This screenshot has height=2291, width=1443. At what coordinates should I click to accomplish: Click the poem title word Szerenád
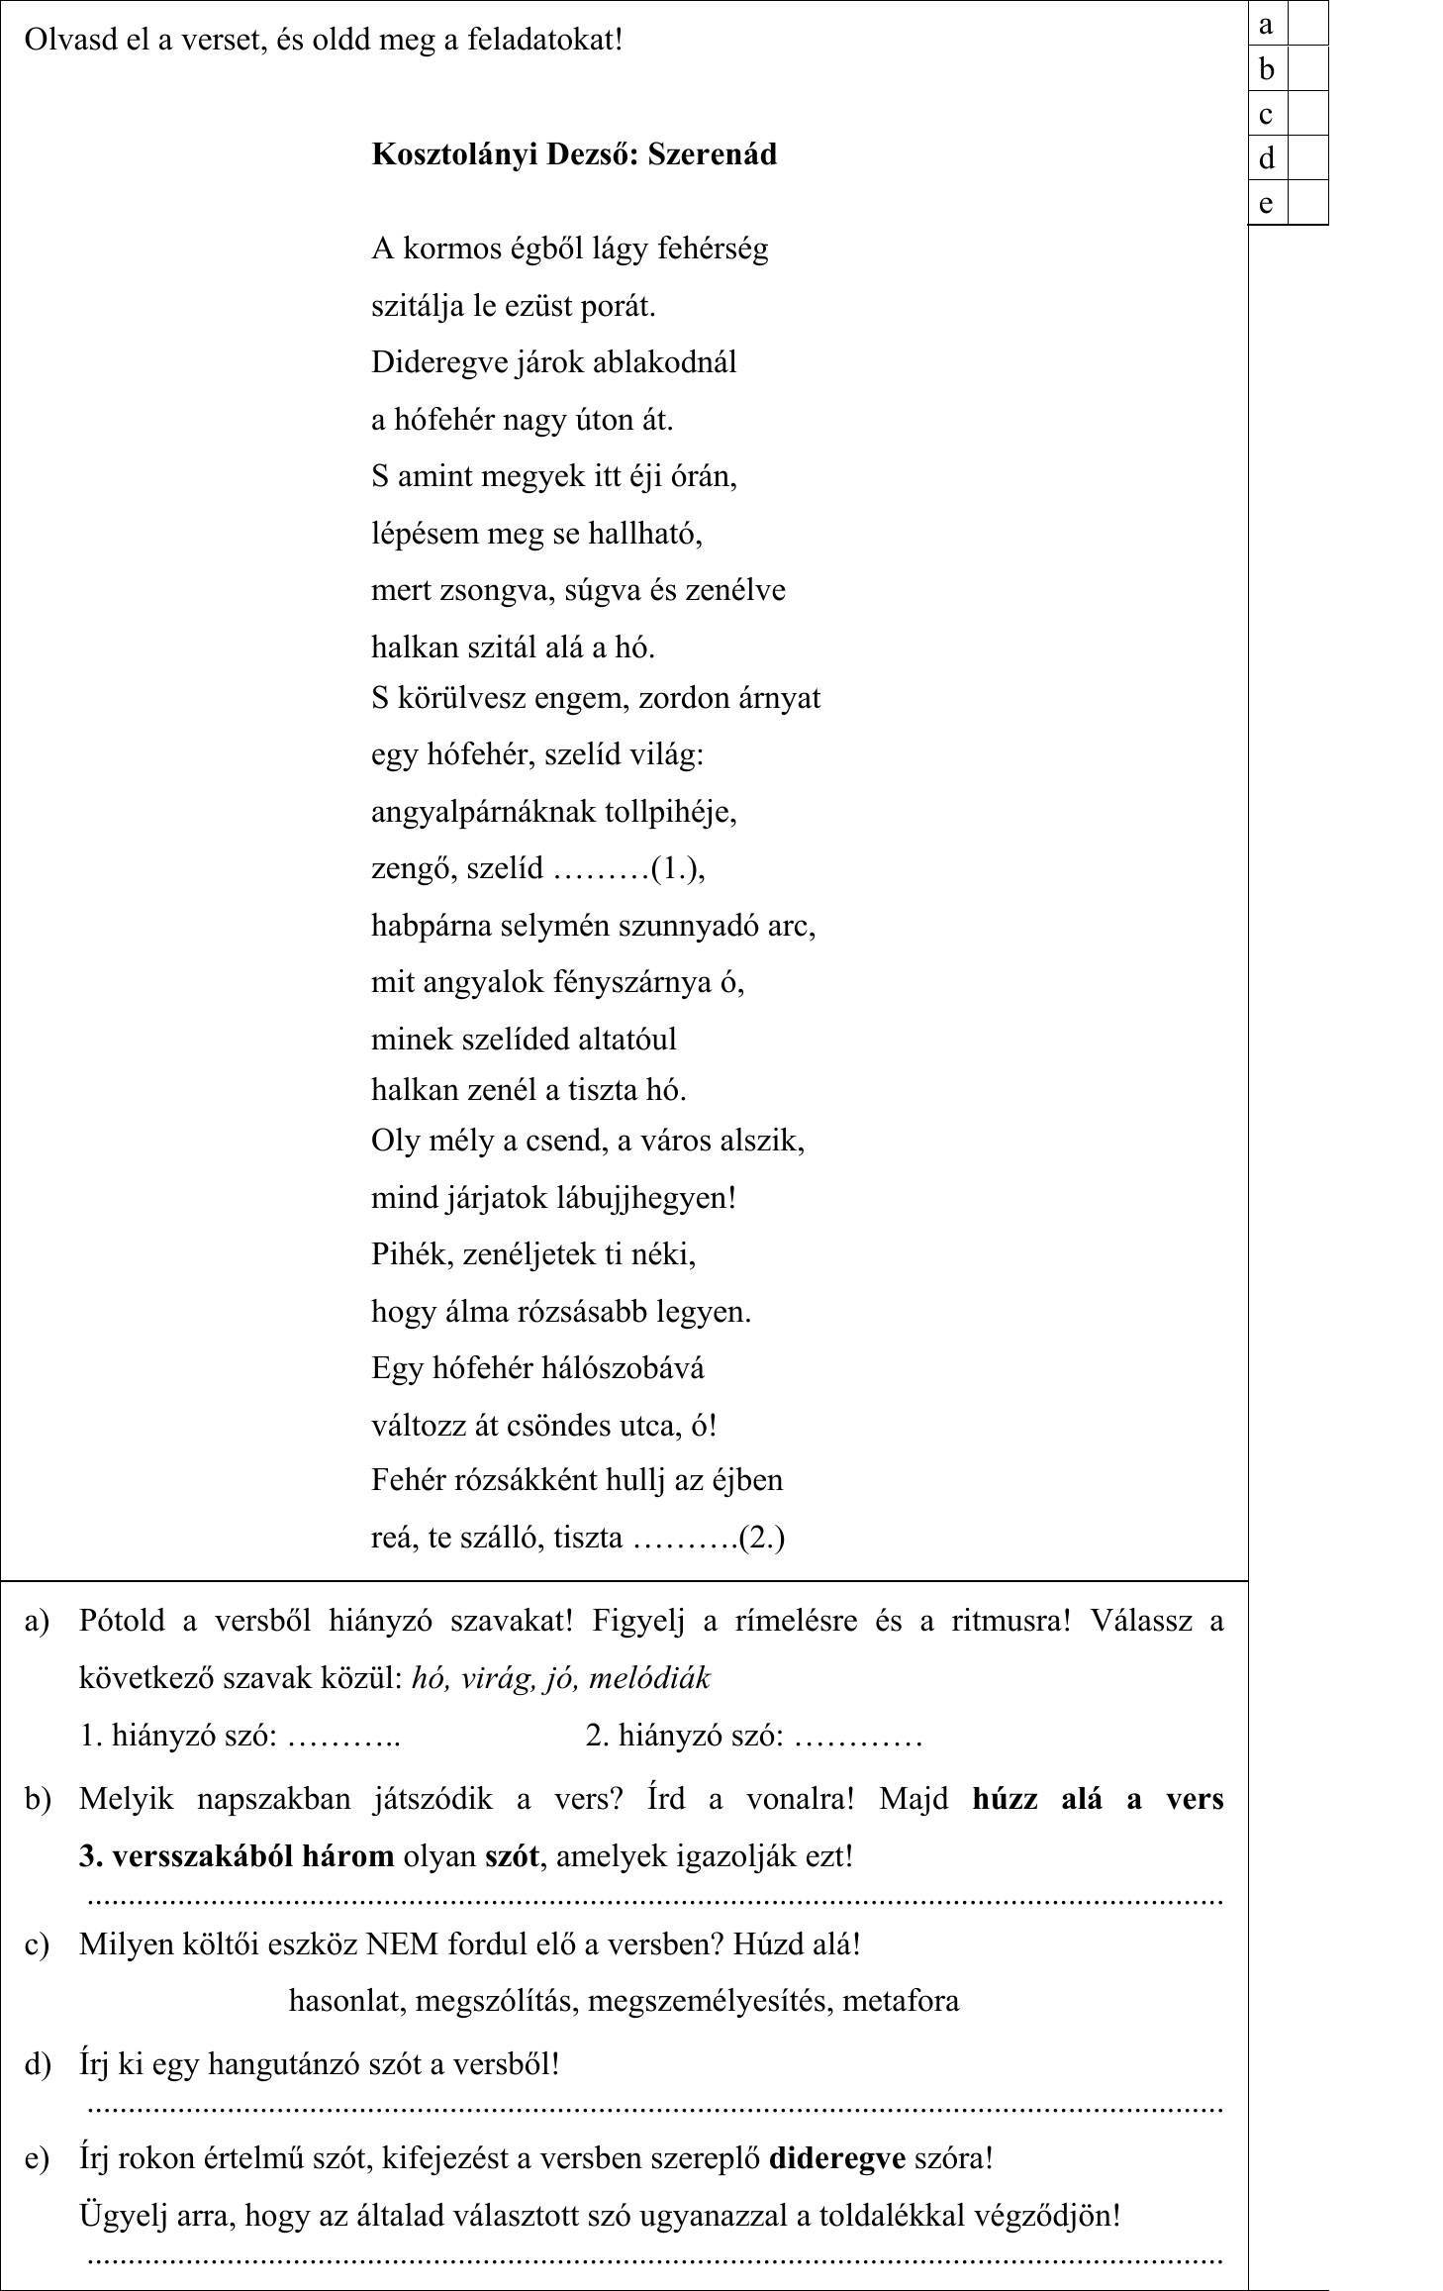click(x=712, y=154)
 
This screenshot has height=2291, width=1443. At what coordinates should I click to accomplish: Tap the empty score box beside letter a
click(x=1306, y=24)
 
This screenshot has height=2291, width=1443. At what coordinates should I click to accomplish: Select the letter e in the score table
click(x=1266, y=203)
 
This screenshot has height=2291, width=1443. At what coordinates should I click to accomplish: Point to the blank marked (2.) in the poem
click(x=684, y=1538)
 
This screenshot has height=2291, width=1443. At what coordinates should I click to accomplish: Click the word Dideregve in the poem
click(x=436, y=362)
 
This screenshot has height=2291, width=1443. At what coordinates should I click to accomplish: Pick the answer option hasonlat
click(x=346, y=2001)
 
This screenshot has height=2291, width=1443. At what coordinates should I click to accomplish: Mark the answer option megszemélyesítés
click(x=711, y=2001)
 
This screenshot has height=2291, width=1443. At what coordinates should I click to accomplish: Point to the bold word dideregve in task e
click(x=837, y=2158)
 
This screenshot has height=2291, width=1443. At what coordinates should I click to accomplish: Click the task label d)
click(x=37, y=2065)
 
